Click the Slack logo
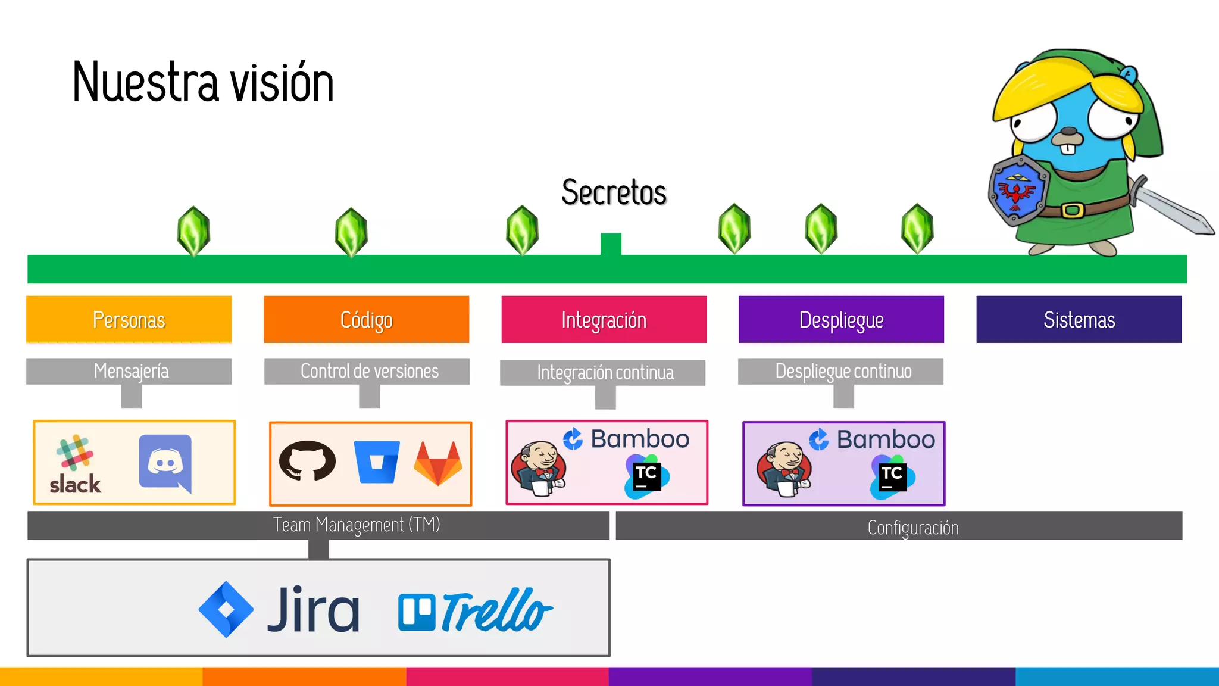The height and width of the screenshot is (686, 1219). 75,464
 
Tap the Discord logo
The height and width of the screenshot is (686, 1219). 165,462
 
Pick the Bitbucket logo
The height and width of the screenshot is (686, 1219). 376,462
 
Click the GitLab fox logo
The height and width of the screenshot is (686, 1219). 438,463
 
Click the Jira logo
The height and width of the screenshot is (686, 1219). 280,609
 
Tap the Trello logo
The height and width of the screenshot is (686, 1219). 475,611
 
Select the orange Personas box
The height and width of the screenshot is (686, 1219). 129,320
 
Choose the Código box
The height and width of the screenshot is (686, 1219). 366,320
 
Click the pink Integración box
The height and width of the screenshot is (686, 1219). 604,320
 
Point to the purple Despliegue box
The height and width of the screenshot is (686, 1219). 841,320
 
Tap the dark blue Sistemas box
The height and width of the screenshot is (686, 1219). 1079,320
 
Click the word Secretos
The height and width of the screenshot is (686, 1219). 614,192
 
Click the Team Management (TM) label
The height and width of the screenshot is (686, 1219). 356,525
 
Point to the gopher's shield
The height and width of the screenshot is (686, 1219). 1018,191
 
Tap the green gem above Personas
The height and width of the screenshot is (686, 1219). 193,231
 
